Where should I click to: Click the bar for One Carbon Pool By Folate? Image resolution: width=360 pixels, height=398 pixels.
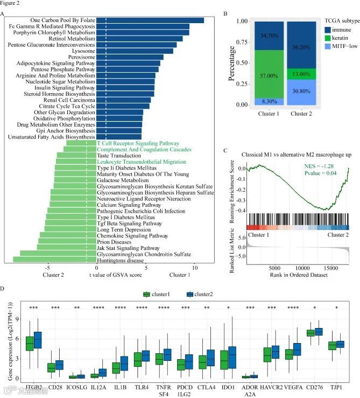(151, 20)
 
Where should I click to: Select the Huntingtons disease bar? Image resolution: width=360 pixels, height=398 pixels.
(54, 260)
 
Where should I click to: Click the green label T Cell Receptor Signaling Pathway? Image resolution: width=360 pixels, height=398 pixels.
(138, 144)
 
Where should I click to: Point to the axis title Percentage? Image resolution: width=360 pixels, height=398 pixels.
(232, 63)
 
